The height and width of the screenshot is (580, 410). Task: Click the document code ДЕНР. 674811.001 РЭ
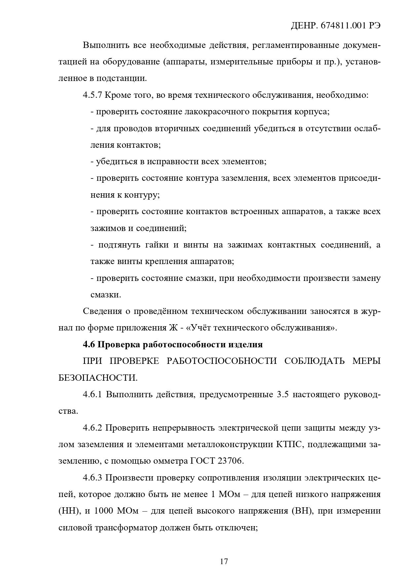[x=336, y=26]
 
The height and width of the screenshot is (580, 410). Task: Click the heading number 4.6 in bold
[x=89, y=345]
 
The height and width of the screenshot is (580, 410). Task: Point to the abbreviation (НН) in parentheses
[x=70, y=511]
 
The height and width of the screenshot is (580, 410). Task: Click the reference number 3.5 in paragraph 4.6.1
[x=282, y=395]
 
